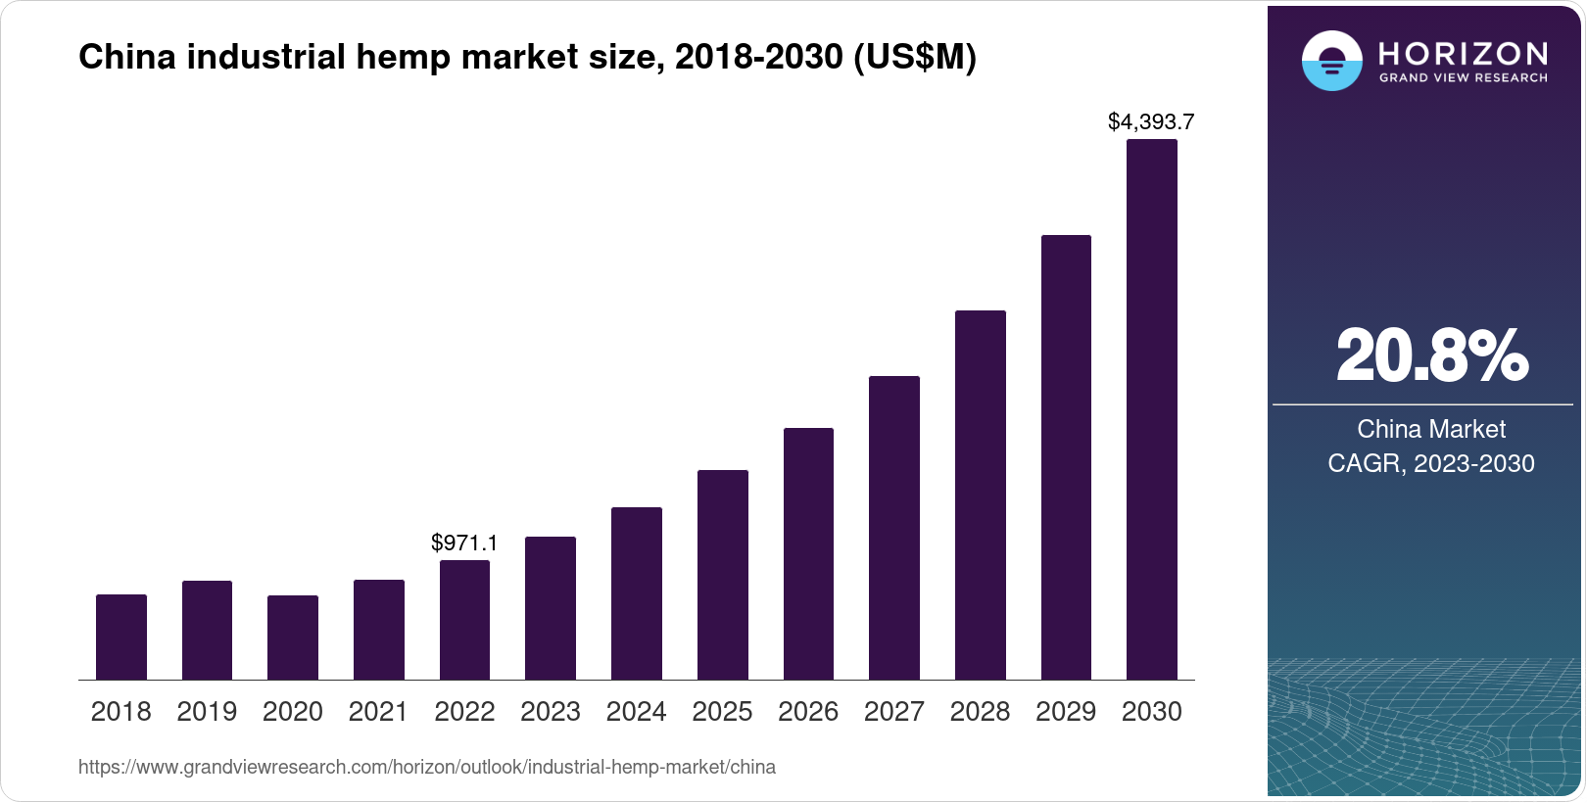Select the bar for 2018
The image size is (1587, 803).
[121, 637]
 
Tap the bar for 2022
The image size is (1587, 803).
[464, 620]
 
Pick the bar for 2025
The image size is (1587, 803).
[723, 575]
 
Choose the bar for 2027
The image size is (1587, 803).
[894, 528]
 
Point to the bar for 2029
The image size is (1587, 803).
[1066, 457]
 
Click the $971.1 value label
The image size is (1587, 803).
[464, 543]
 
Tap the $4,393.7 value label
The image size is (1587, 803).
[1151, 121]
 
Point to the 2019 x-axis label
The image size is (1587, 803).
[207, 711]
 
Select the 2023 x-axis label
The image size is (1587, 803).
[551, 711]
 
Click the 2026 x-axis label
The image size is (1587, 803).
[808, 711]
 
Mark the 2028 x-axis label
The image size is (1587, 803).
[980, 711]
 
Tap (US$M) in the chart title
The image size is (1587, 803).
[915, 58]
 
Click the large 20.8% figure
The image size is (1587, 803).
[1431, 356]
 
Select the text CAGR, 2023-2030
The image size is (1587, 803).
[1431, 463]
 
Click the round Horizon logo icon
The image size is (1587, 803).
[1331, 62]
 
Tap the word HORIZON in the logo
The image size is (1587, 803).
[1463, 53]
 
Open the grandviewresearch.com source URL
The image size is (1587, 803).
[427, 767]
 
